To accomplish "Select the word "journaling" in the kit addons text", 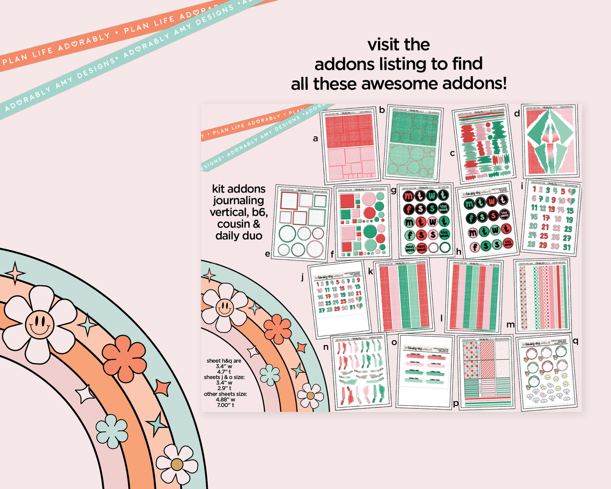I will point(238,201).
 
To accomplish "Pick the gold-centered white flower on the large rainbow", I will point(177,464).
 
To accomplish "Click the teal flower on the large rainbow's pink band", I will point(112,431).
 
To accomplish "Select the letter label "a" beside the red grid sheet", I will point(315,138).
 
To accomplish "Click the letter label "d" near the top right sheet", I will point(517,113).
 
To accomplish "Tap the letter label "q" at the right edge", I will point(575,341).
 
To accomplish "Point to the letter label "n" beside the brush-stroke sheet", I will point(326,347).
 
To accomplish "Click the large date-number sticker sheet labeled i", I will point(551,218).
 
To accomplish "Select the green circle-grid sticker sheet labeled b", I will point(414,143).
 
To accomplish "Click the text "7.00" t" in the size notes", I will point(225,405).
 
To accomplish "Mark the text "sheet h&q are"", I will point(224,361).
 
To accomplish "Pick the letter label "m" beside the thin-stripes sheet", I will point(510,324).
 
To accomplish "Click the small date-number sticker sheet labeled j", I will point(339,298).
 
